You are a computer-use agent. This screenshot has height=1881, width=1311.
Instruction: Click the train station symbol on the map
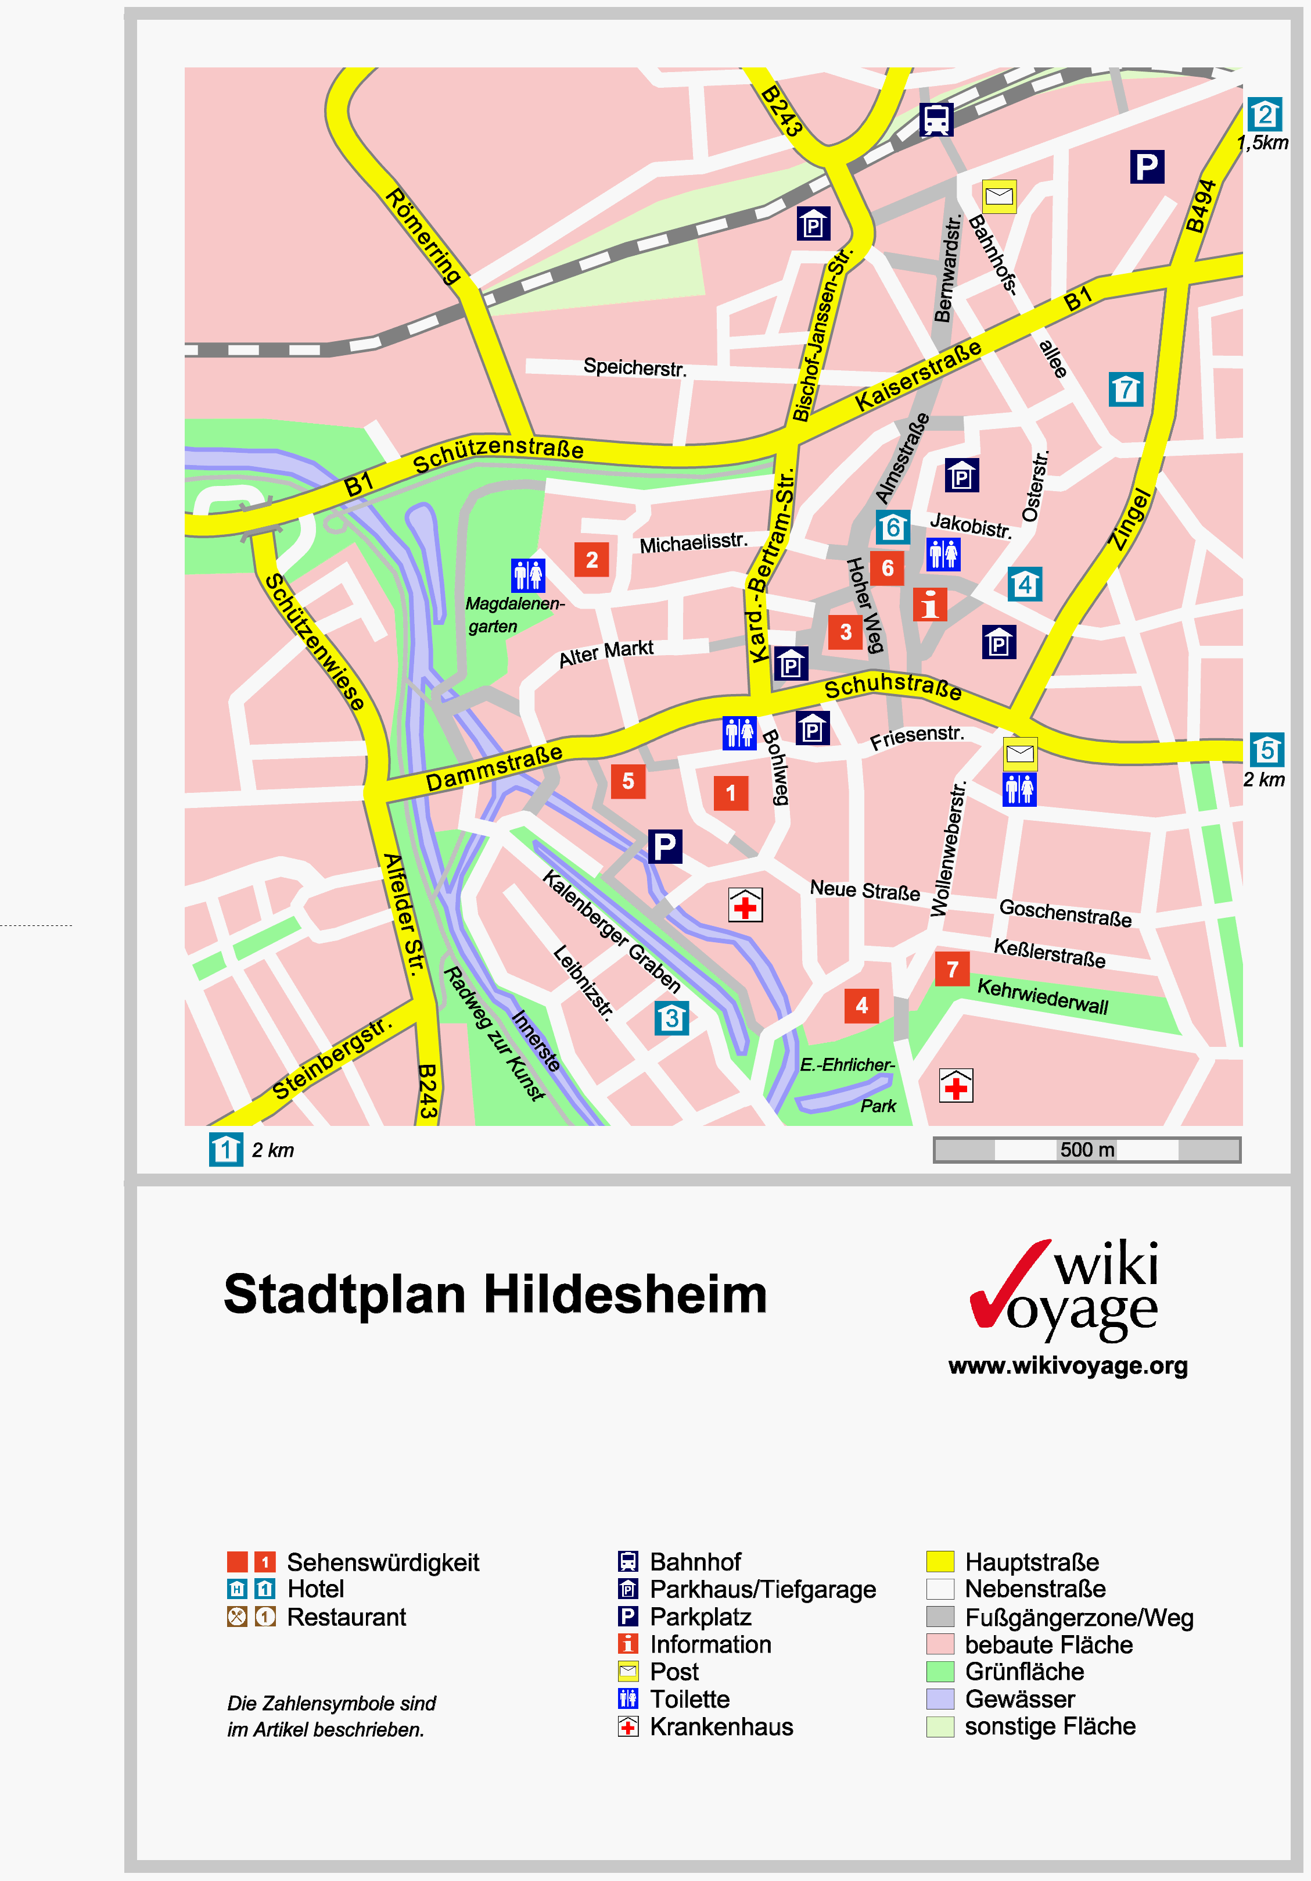click(936, 120)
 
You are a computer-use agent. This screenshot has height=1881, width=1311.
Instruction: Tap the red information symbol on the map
click(929, 605)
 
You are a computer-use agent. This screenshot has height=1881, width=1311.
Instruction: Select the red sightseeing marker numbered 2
click(591, 560)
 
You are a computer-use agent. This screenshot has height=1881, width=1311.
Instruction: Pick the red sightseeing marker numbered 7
click(951, 969)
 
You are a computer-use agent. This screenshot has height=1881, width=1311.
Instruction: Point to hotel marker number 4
click(1025, 584)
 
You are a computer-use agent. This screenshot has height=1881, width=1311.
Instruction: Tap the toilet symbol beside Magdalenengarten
click(527, 575)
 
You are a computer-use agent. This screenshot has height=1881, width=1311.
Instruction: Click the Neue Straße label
click(865, 890)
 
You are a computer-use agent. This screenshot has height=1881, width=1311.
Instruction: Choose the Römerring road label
click(422, 236)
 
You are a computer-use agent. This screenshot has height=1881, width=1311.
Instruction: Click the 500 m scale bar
click(1087, 1149)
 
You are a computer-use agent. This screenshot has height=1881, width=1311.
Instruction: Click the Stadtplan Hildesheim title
click(495, 1295)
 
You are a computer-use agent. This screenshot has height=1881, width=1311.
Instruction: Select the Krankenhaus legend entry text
click(721, 1727)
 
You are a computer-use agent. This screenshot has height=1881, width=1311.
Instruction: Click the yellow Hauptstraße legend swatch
click(939, 1561)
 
